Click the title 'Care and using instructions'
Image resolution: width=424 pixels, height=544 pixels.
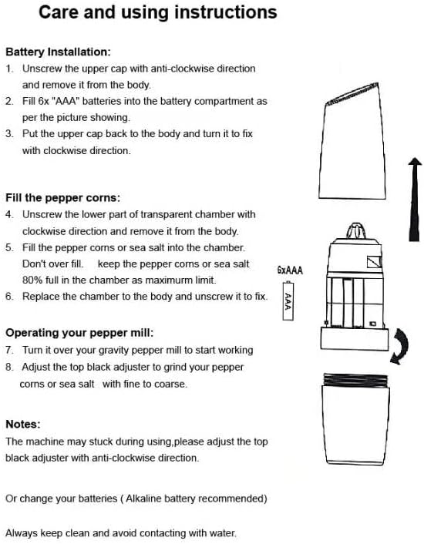pyautogui.click(x=158, y=12)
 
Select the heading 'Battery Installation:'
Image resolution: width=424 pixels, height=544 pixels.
pyautogui.click(x=58, y=52)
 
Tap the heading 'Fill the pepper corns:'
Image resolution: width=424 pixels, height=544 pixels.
pyautogui.click(x=62, y=198)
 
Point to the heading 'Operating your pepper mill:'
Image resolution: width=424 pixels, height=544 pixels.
pyautogui.click(x=79, y=333)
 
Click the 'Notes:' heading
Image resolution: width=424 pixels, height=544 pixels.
pyautogui.click(x=23, y=424)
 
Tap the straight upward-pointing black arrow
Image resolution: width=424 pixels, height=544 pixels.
pyautogui.click(x=415, y=199)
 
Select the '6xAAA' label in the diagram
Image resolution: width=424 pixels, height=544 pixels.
pyautogui.click(x=290, y=270)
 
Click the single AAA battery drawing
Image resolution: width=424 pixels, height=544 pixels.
pyautogui.click(x=288, y=301)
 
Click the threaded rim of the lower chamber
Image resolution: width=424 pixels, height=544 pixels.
pyautogui.click(x=355, y=380)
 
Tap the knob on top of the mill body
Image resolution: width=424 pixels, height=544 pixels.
pyautogui.click(x=355, y=231)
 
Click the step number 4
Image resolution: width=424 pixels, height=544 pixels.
pyautogui.click(x=9, y=214)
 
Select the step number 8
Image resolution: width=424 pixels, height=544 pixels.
pyautogui.click(x=9, y=367)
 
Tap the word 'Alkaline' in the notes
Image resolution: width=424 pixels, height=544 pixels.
pyautogui.click(x=143, y=499)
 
